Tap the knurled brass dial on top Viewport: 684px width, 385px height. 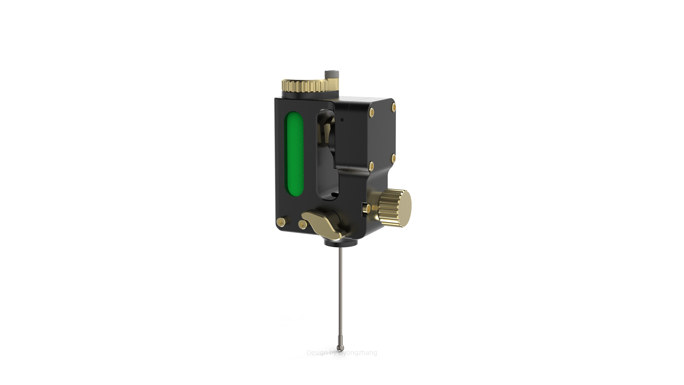coord(305,86)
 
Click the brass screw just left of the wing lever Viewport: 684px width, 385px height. coord(302,224)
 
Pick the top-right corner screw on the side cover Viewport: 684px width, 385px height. coord(394,107)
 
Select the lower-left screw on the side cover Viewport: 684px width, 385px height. coord(372,166)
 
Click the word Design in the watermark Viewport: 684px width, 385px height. coord(317,353)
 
